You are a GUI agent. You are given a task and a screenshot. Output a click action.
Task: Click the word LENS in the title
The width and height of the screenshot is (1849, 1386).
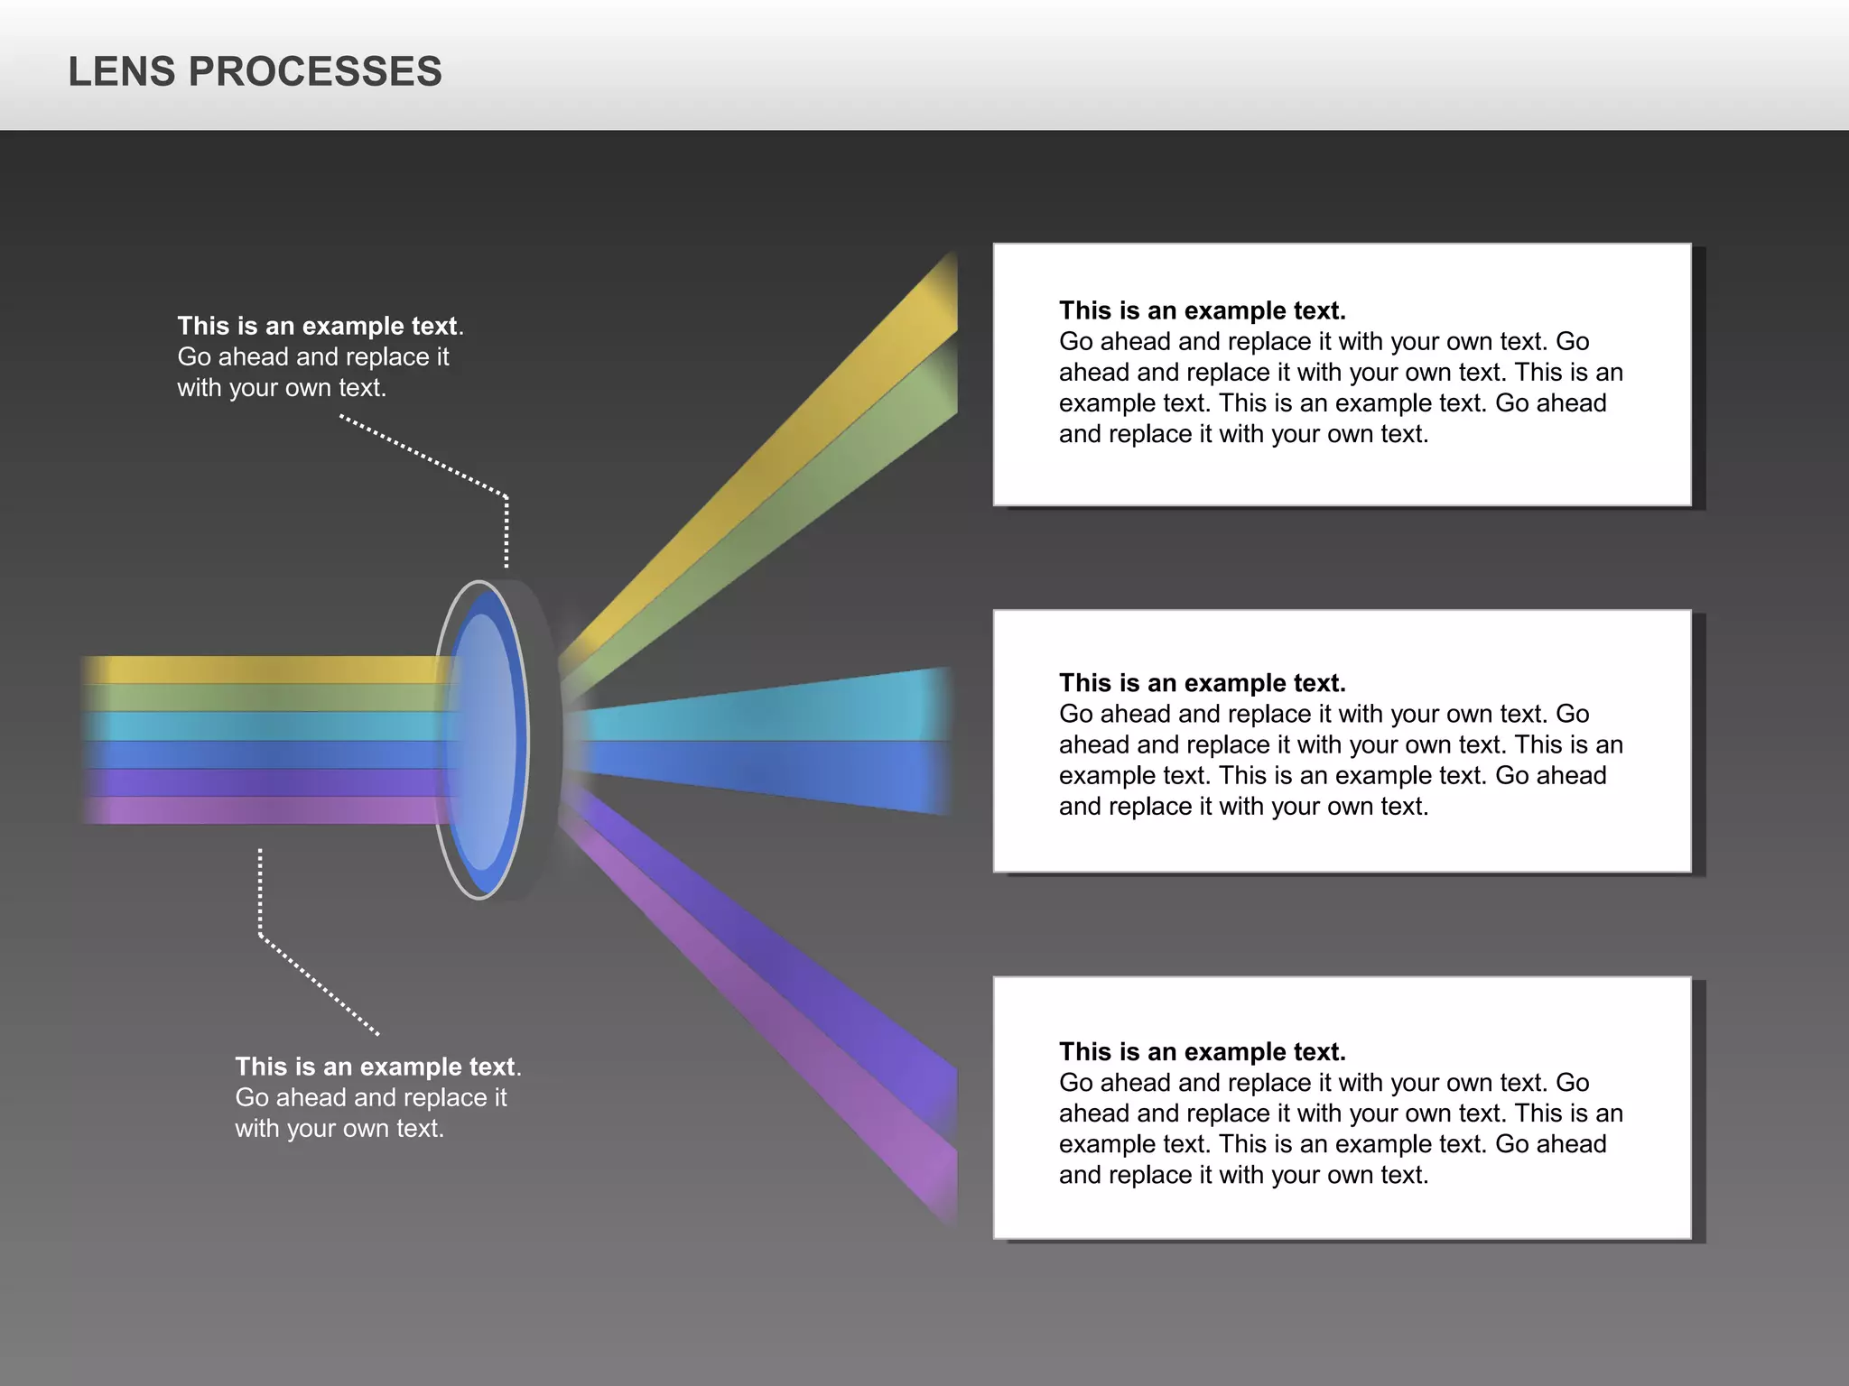pyautogui.click(x=122, y=72)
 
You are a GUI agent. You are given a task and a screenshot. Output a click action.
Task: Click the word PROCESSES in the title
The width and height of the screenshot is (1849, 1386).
pyautogui.click(x=315, y=72)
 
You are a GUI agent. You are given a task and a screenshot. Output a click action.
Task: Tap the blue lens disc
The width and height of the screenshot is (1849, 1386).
pyautogui.click(x=485, y=740)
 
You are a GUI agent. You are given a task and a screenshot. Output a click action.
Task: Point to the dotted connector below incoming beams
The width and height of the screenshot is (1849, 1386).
pyautogui.click(x=260, y=893)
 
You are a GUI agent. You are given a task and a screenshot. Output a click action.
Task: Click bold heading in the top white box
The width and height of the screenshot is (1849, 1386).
pyautogui.click(x=1202, y=310)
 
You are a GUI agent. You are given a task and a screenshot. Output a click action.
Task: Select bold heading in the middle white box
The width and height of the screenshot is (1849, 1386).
pyautogui.click(x=1202, y=683)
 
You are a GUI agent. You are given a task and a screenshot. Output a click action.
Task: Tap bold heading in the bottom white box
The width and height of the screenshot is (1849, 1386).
pyautogui.click(x=1202, y=1052)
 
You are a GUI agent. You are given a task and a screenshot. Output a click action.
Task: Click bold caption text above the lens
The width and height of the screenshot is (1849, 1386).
pyautogui.click(x=318, y=326)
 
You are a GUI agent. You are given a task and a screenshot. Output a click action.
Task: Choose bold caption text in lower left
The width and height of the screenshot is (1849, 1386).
pyautogui.click(x=376, y=1067)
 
